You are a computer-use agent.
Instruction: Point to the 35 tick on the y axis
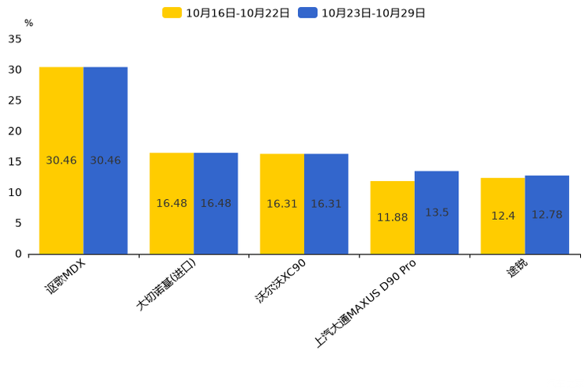pos(15,39)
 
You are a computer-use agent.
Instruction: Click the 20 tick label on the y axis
pos(15,131)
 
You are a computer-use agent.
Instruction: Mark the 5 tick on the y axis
pos(18,224)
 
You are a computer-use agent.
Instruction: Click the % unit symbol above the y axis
pos(28,23)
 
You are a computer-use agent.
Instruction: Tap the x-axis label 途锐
pos(518,269)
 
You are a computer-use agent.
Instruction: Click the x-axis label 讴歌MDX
pos(65,277)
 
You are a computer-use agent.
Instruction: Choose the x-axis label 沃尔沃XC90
pos(280,281)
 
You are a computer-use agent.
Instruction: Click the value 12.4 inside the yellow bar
pos(503,216)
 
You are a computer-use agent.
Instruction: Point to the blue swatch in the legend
pos(307,13)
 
